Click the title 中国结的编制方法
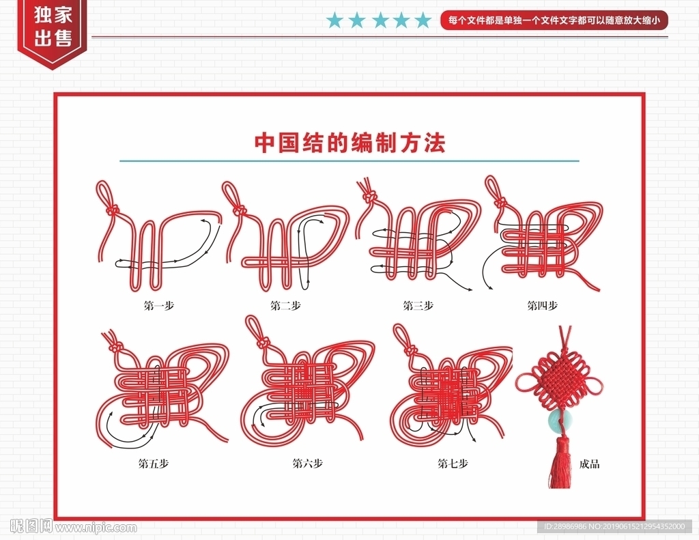(x=349, y=143)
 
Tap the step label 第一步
(x=158, y=305)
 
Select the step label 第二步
(x=285, y=305)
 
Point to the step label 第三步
(x=418, y=305)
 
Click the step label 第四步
(x=542, y=305)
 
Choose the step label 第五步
(x=154, y=464)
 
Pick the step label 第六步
(x=307, y=464)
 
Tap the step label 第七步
(x=453, y=464)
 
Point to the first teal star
(x=334, y=20)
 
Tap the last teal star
(x=423, y=20)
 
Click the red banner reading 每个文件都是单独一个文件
(x=554, y=20)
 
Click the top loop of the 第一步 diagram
(x=104, y=194)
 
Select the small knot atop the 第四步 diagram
(x=502, y=203)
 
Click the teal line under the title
(x=349, y=161)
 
